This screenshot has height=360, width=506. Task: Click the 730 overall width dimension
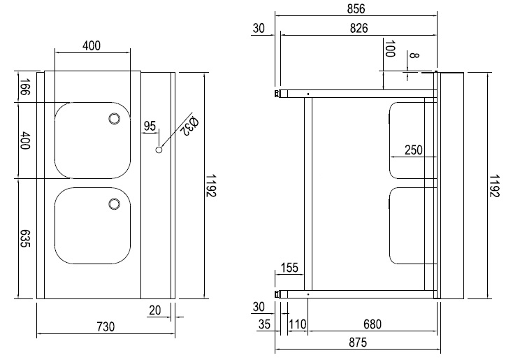(105, 326)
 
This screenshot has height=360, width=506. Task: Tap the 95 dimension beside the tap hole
(150, 126)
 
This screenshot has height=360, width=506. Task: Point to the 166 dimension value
(24, 88)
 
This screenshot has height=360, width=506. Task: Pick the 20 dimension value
(154, 310)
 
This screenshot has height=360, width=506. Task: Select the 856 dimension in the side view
(356, 9)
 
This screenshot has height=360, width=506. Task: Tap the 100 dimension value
(390, 50)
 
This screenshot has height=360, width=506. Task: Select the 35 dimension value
(263, 324)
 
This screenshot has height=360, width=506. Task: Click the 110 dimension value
(298, 324)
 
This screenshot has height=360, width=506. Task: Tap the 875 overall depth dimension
(356, 343)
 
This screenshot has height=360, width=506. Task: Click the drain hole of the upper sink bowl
(113, 120)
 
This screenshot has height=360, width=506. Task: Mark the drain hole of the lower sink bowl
(113, 203)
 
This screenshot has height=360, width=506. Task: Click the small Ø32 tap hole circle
(159, 150)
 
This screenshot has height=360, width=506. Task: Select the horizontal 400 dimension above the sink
(92, 46)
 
